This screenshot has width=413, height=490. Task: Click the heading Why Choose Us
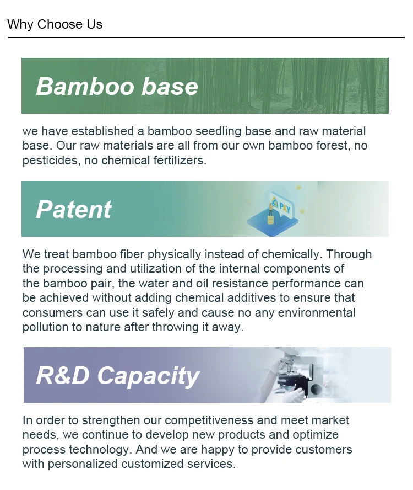[55, 24]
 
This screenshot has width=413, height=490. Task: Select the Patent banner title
[74, 209]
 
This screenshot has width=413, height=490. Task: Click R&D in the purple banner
[63, 375]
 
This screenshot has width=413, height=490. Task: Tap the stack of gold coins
[271, 220]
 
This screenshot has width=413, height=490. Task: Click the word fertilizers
[180, 161]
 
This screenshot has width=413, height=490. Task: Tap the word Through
[349, 254]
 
